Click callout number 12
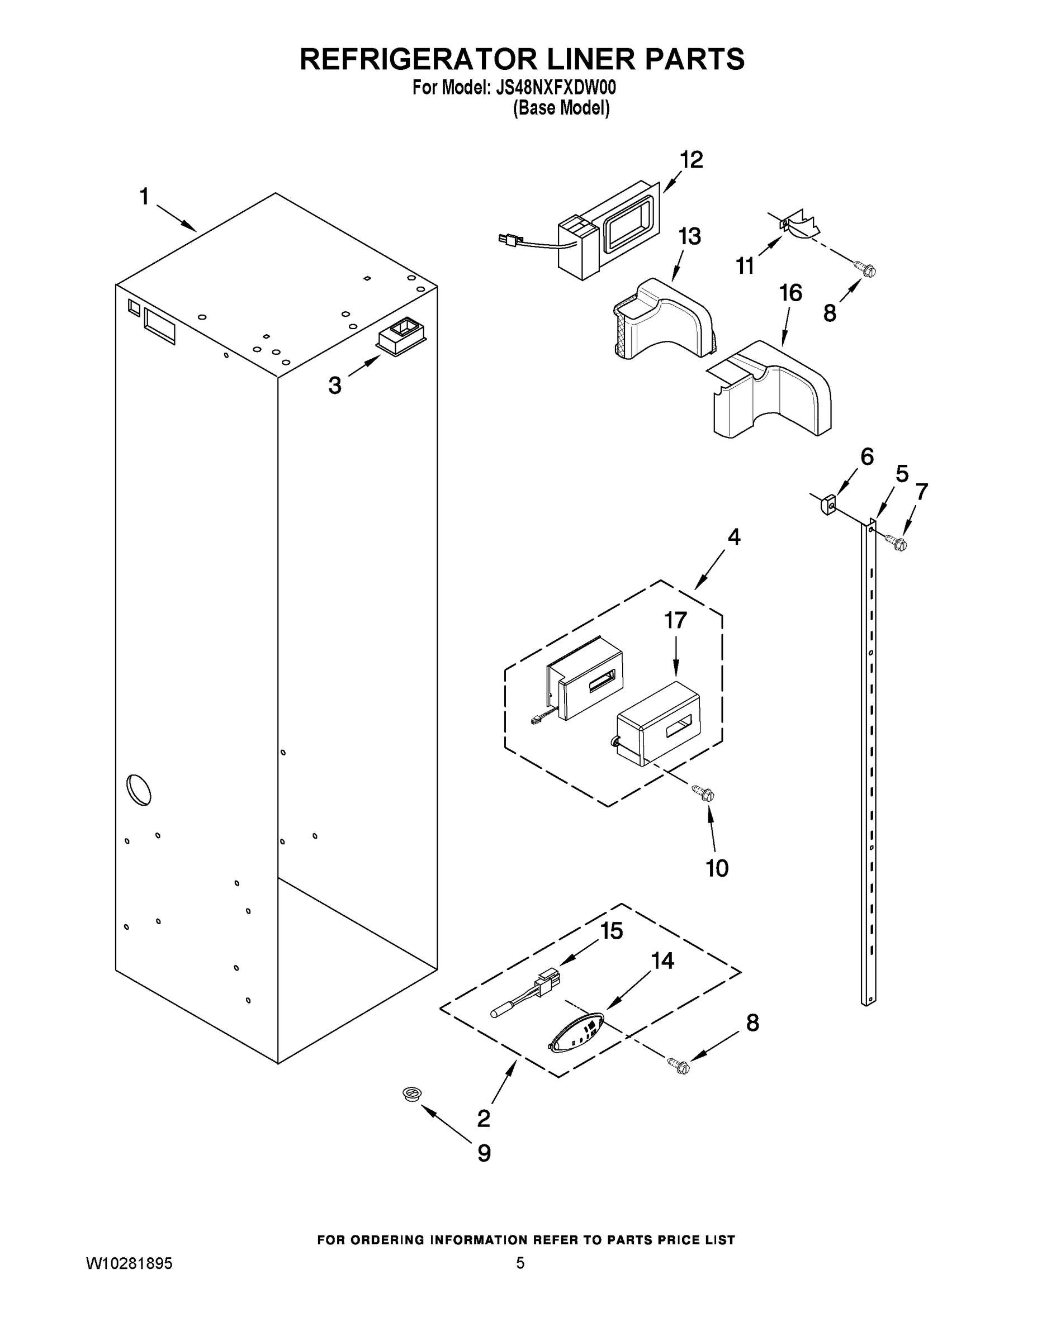click(x=691, y=160)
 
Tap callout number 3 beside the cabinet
click(x=335, y=386)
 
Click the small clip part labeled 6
click(x=828, y=505)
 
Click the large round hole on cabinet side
click(x=138, y=790)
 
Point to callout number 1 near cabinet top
click(x=144, y=197)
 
